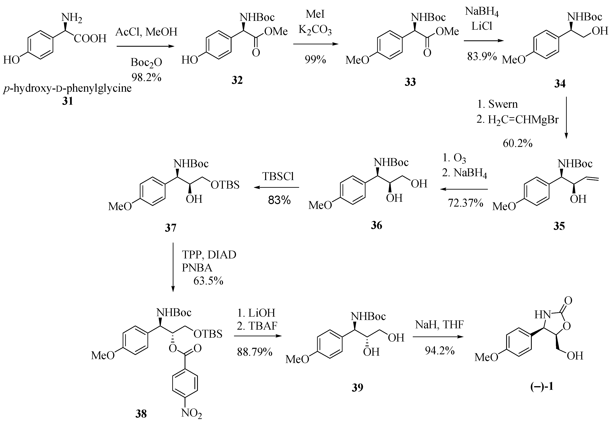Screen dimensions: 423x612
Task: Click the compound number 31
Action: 67,101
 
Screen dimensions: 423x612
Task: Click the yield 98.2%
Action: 146,77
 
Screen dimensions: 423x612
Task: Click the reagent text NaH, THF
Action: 439,324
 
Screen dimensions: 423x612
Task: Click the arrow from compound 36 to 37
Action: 276,188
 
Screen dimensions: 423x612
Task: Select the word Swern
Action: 503,104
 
